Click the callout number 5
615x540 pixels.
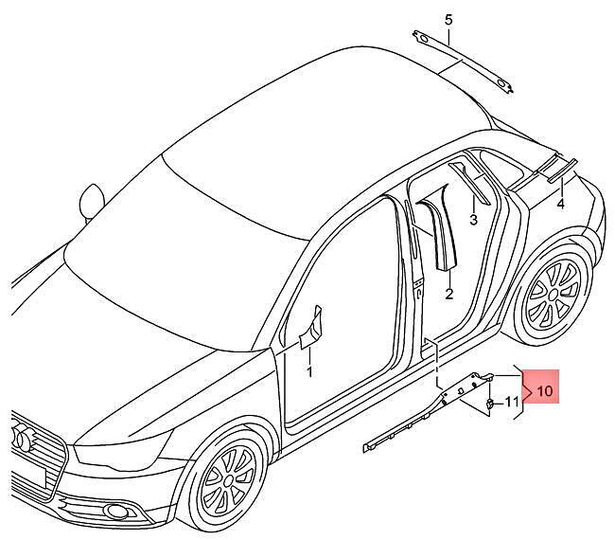448,20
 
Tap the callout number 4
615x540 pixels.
561,204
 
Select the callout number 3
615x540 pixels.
473,220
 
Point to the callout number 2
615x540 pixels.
449,294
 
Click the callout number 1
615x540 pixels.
309,372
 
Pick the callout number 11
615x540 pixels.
511,402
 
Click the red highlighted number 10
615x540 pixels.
544,390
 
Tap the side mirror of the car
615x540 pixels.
92,201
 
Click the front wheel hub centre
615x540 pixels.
228,480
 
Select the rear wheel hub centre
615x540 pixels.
553,294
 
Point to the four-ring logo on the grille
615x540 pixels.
24,436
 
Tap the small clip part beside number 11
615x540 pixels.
490,403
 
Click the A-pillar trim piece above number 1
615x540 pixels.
312,328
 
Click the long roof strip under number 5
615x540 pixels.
463,62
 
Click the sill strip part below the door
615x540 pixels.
428,412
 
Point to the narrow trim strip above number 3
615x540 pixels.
469,182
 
